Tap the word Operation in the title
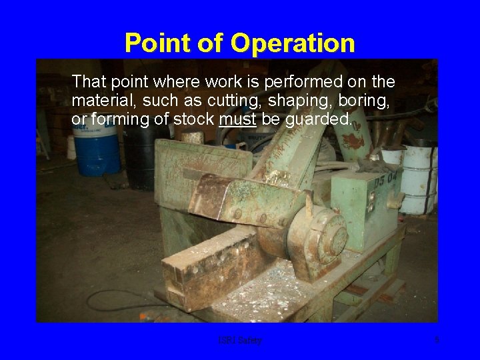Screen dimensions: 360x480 pos(293,43)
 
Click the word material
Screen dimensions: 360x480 pos(97,101)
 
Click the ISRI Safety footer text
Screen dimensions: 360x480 pos(240,340)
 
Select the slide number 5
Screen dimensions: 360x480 pos(437,340)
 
